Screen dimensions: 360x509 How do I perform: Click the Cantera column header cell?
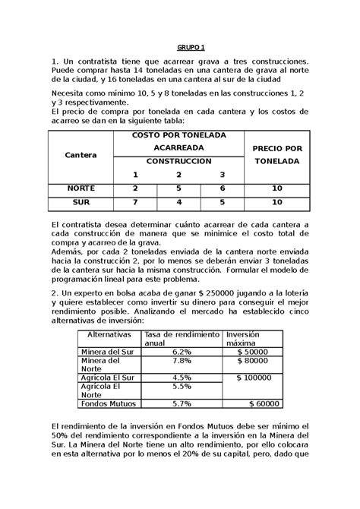(81, 154)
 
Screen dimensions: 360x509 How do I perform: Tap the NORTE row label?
(81, 188)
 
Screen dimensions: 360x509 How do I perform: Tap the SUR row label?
(81, 202)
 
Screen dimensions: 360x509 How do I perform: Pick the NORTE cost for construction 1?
(135, 188)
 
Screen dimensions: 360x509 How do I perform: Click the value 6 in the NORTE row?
(223, 188)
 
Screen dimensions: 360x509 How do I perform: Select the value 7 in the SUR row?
(135, 202)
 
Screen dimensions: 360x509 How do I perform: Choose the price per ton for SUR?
(277, 202)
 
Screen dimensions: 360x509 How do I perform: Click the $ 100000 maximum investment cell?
(258, 378)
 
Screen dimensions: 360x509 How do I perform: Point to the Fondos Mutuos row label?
(109, 404)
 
